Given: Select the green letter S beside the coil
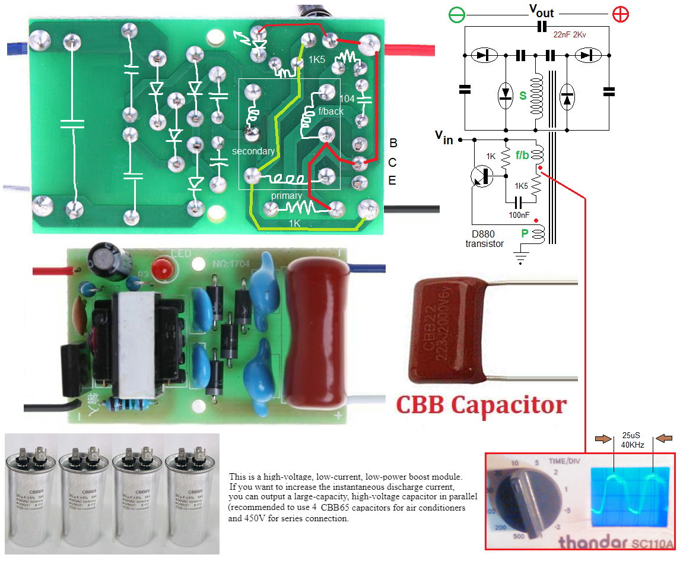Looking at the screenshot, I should pos(523,95).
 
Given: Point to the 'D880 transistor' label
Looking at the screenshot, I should pos(484,239).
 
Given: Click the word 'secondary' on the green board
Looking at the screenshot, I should pos(253,151).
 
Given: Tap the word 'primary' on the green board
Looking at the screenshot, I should pos(287,195).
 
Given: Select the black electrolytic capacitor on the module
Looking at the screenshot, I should pos(107,262).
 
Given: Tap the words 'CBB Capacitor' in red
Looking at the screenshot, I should pos(481,405).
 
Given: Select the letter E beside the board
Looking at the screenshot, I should pos(392,180).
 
